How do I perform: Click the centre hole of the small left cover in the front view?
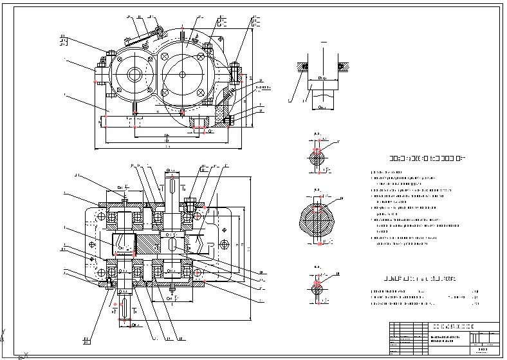135,74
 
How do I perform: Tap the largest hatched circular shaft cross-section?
319,220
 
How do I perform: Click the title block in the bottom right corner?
443,336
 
